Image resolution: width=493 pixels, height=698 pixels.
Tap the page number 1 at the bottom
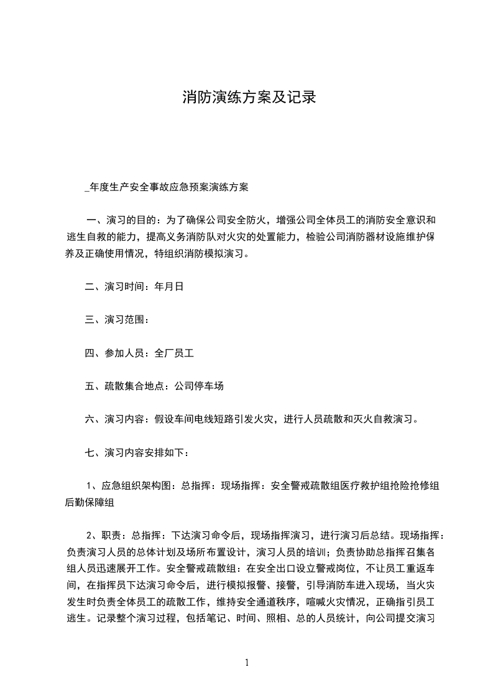click(247, 663)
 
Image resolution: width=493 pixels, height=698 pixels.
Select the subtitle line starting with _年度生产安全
click(166, 186)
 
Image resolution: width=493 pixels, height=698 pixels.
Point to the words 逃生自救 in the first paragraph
click(87, 237)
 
